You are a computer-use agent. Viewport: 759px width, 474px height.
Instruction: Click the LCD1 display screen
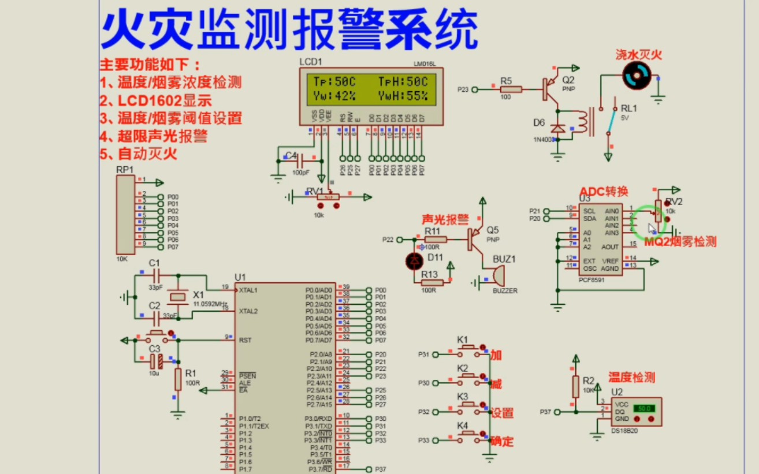coord(370,89)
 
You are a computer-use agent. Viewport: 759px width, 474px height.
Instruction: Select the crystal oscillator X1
coord(178,297)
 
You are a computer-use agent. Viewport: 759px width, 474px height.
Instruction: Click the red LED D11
coord(414,262)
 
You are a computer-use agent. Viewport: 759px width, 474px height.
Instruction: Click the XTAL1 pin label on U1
coord(248,290)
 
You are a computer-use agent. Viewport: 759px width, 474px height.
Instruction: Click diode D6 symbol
coord(557,128)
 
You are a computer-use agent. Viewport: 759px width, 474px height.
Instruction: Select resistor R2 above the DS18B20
coord(575,386)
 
